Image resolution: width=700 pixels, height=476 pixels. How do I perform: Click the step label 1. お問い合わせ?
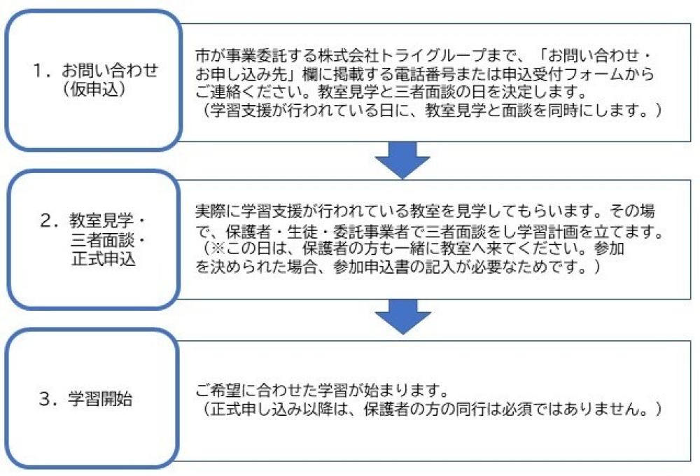(98, 70)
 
